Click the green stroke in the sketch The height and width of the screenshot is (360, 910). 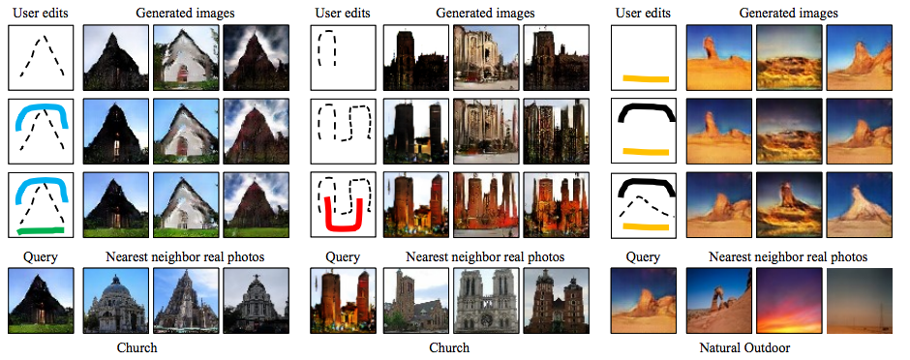pyautogui.click(x=41, y=229)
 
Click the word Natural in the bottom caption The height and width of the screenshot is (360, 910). pyautogui.click(x=719, y=346)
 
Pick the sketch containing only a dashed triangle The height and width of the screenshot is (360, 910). pyautogui.click(x=41, y=57)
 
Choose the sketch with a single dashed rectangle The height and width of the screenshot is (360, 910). pyautogui.click(x=343, y=57)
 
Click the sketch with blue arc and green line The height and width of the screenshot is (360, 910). pyautogui.click(x=41, y=205)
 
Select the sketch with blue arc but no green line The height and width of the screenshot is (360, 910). pyautogui.click(x=41, y=132)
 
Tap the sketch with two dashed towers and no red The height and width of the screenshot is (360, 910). pyautogui.click(x=343, y=132)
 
